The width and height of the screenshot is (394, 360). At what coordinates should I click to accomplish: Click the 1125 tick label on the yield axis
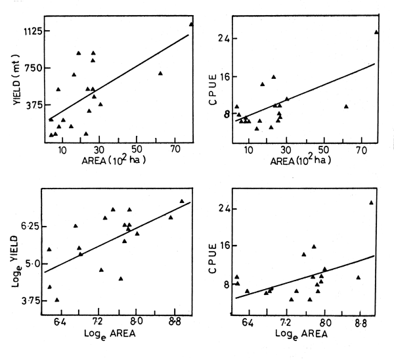pyautogui.click(x=29, y=31)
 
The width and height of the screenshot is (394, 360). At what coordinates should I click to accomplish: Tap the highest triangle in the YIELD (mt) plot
pyautogui.click(x=191, y=24)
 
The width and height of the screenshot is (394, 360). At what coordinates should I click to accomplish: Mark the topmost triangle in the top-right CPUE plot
pyautogui.click(x=376, y=32)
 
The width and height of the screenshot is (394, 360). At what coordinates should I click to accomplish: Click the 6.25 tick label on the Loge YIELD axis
pyautogui.click(x=28, y=226)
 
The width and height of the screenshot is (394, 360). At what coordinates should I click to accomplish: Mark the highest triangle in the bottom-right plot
pyautogui.click(x=371, y=202)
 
